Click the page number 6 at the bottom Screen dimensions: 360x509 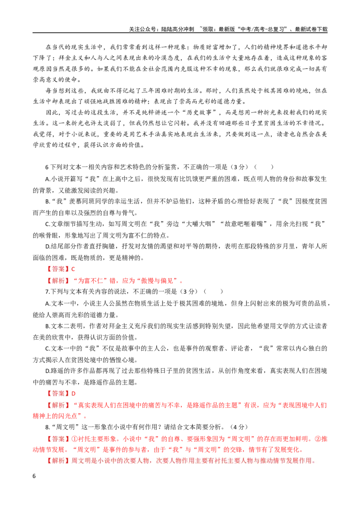[34, 476]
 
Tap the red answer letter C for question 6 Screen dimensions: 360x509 [73, 269]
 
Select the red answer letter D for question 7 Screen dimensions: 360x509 [73, 393]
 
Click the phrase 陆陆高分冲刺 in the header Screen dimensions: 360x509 [178, 29]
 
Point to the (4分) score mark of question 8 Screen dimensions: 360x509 [238, 427]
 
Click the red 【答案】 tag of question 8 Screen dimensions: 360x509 [58, 439]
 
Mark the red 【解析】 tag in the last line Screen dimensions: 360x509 [58, 460]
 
